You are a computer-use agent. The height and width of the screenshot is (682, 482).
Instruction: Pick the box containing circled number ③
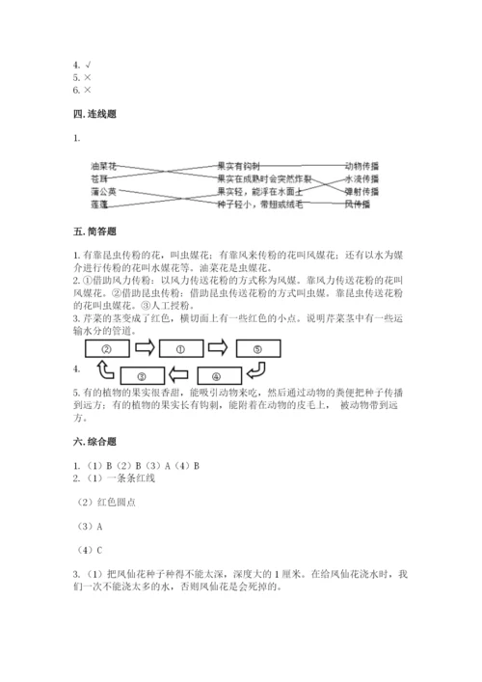coord(141,376)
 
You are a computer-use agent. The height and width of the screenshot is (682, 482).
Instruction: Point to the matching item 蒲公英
coord(103,191)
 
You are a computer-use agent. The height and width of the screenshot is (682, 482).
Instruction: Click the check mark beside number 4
coord(87,65)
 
